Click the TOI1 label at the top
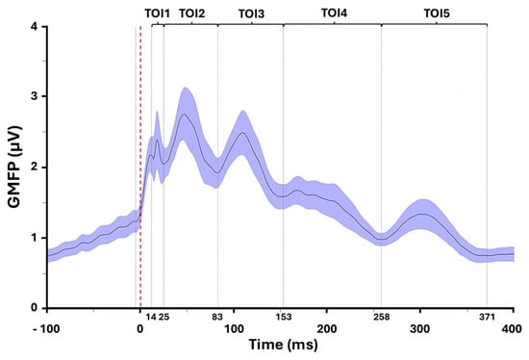click(157, 13)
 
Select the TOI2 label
click(192, 13)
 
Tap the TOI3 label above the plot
click(251, 14)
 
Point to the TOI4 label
click(334, 13)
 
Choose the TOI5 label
click(437, 13)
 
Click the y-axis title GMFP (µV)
click(14, 167)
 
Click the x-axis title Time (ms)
click(284, 345)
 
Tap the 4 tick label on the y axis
click(34, 26)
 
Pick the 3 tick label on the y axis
click(34, 96)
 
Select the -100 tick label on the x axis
click(46, 328)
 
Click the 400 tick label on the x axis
click(512, 328)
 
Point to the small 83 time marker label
click(217, 317)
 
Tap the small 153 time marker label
click(284, 317)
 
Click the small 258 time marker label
click(382, 317)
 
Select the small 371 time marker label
click(487, 317)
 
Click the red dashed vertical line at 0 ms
click(140, 167)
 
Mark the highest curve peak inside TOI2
click(184, 115)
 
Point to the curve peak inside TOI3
click(242, 133)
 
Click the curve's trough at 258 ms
click(382, 239)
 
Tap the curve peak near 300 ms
click(421, 214)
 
